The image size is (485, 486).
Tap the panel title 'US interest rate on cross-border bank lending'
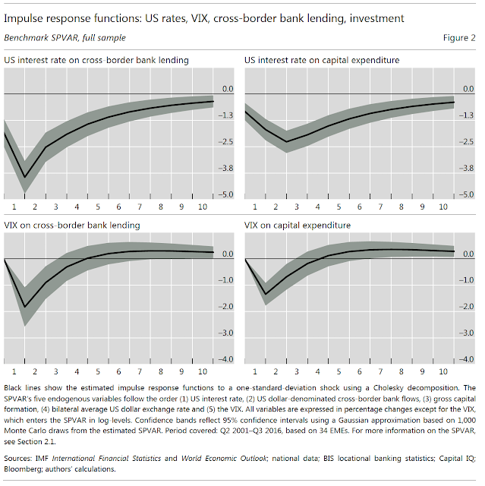pyautogui.click(x=97, y=59)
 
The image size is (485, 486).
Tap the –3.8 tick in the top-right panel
pyautogui.click(x=467, y=169)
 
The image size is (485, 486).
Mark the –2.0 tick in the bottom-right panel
pyautogui.click(x=467, y=307)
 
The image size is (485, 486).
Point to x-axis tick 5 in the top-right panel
pyautogui.click(x=338, y=207)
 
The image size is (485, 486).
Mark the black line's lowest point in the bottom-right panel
pyautogui.click(x=266, y=294)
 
